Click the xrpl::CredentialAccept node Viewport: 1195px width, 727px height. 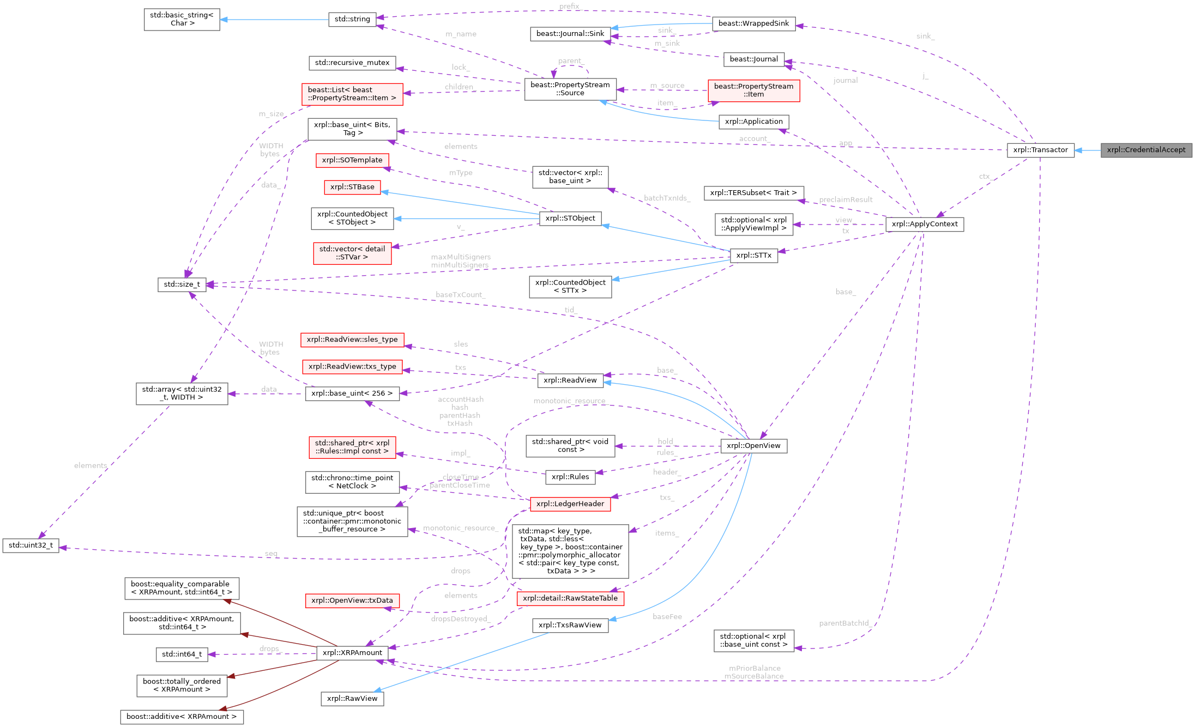(x=1146, y=150)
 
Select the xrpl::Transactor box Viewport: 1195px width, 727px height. (x=1040, y=150)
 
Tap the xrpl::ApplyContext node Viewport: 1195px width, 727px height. (x=925, y=224)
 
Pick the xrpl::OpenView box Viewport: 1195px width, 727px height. (x=753, y=446)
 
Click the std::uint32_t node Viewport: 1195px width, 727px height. (x=31, y=546)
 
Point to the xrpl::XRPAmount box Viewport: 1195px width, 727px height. (x=352, y=653)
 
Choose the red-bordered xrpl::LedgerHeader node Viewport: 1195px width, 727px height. (x=570, y=504)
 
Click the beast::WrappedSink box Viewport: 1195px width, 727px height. (x=753, y=23)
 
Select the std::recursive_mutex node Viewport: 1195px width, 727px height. (x=352, y=63)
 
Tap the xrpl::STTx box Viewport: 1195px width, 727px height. (x=753, y=256)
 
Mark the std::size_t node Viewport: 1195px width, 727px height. (x=182, y=284)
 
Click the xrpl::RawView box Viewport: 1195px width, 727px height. (x=352, y=699)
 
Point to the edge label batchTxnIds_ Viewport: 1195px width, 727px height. (x=667, y=198)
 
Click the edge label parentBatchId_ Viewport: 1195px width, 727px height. (x=844, y=623)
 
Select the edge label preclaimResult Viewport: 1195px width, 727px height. (x=846, y=200)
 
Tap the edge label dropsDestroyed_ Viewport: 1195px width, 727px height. (x=461, y=619)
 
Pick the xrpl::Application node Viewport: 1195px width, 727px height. (x=753, y=122)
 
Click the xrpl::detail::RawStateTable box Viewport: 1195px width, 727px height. (x=570, y=598)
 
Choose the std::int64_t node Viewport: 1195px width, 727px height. (x=182, y=655)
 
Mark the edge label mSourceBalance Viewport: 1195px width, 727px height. (x=754, y=676)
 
